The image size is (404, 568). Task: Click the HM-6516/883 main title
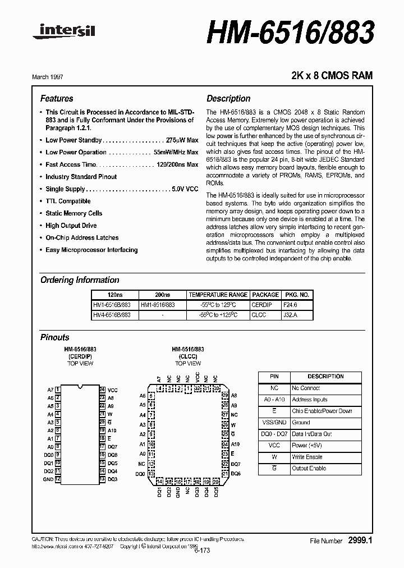[290, 34]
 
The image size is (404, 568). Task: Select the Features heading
[57, 98]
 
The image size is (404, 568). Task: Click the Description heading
[228, 98]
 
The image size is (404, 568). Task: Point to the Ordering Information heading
[80, 280]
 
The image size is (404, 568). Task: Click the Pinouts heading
[55, 337]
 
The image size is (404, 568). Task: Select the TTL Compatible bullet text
[68, 201]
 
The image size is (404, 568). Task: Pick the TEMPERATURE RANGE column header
[218, 295]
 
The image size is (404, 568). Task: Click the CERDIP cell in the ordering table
[265, 305]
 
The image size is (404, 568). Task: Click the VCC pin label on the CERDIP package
[113, 390]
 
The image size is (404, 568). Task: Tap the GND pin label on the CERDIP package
[48, 479]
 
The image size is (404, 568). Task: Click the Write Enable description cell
[307, 457]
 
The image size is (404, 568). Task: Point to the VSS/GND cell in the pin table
[274, 423]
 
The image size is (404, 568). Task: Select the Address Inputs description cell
[310, 400]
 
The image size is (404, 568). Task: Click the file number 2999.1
[360, 540]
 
